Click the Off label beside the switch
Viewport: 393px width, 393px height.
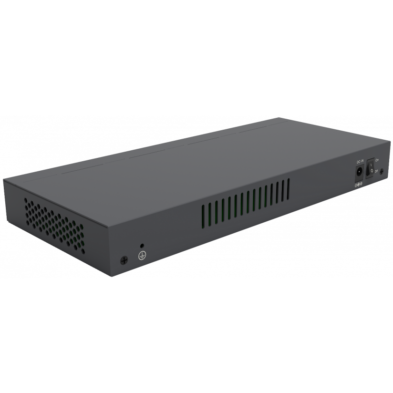(x=377, y=170)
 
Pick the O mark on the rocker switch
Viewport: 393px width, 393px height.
(x=369, y=169)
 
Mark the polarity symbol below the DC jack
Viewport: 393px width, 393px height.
(x=359, y=184)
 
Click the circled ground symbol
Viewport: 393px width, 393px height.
(x=141, y=256)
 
